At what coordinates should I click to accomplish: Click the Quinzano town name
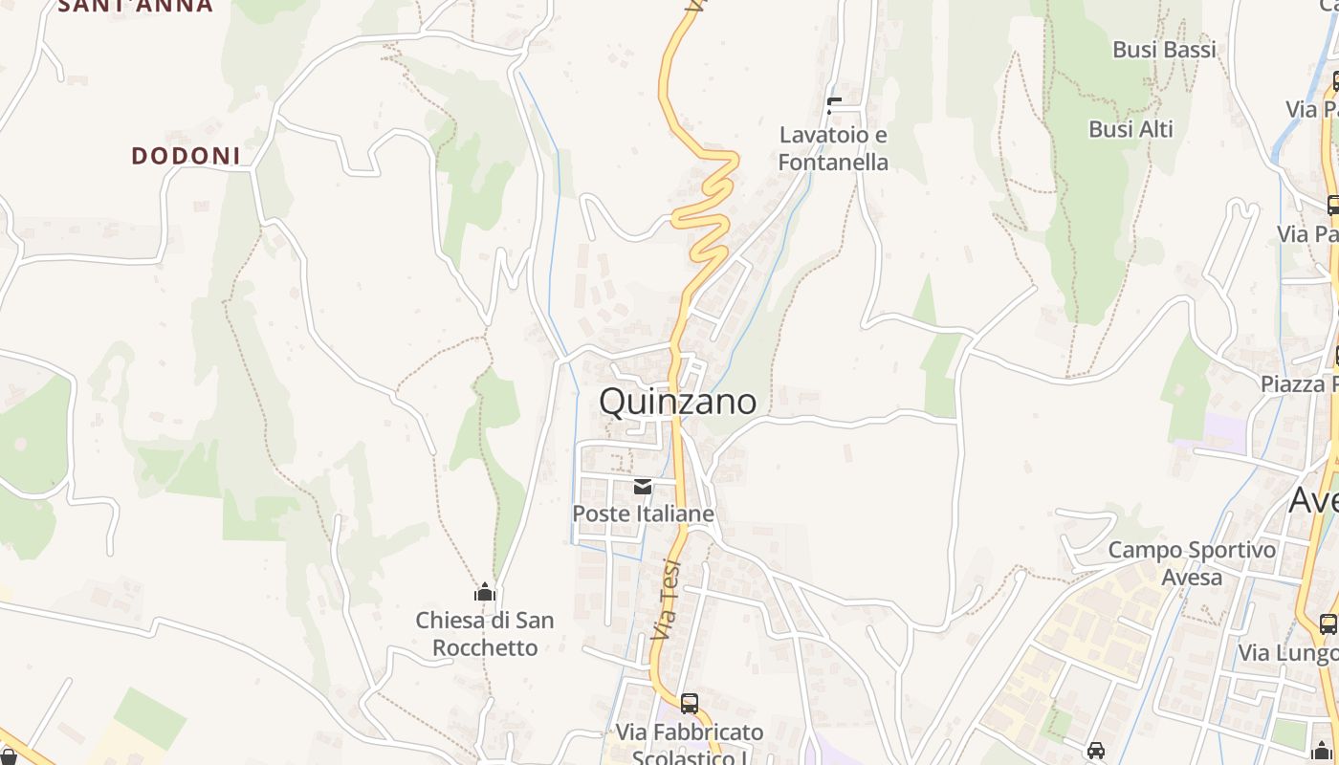pyautogui.click(x=677, y=402)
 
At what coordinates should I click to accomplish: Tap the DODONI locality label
pyautogui.click(x=186, y=156)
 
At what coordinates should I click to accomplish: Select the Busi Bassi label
pyautogui.click(x=1164, y=50)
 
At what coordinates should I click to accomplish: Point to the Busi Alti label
pyautogui.click(x=1130, y=129)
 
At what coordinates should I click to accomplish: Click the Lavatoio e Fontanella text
pyautogui.click(x=833, y=148)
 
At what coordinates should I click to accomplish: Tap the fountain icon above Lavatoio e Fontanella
pyautogui.click(x=834, y=105)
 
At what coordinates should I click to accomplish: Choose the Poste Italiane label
pyautogui.click(x=643, y=514)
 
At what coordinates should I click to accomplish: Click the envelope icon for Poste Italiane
pyautogui.click(x=643, y=488)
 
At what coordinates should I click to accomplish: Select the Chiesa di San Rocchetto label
pyautogui.click(x=485, y=633)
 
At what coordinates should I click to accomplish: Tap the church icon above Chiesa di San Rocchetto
pyautogui.click(x=485, y=593)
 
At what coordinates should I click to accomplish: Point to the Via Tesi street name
pyautogui.click(x=666, y=599)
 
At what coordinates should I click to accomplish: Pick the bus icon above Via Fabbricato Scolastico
pyautogui.click(x=690, y=704)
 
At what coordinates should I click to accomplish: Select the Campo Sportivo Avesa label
pyautogui.click(x=1192, y=563)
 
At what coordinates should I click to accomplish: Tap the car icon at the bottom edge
pyautogui.click(x=1096, y=751)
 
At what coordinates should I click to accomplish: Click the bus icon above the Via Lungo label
pyautogui.click(x=1328, y=624)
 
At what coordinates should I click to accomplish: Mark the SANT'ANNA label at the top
pyautogui.click(x=136, y=6)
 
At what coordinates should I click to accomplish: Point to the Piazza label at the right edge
pyautogui.click(x=1299, y=384)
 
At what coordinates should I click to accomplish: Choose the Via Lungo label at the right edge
pyautogui.click(x=1287, y=653)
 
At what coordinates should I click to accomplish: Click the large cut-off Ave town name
pyautogui.click(x=1313, y=499)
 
